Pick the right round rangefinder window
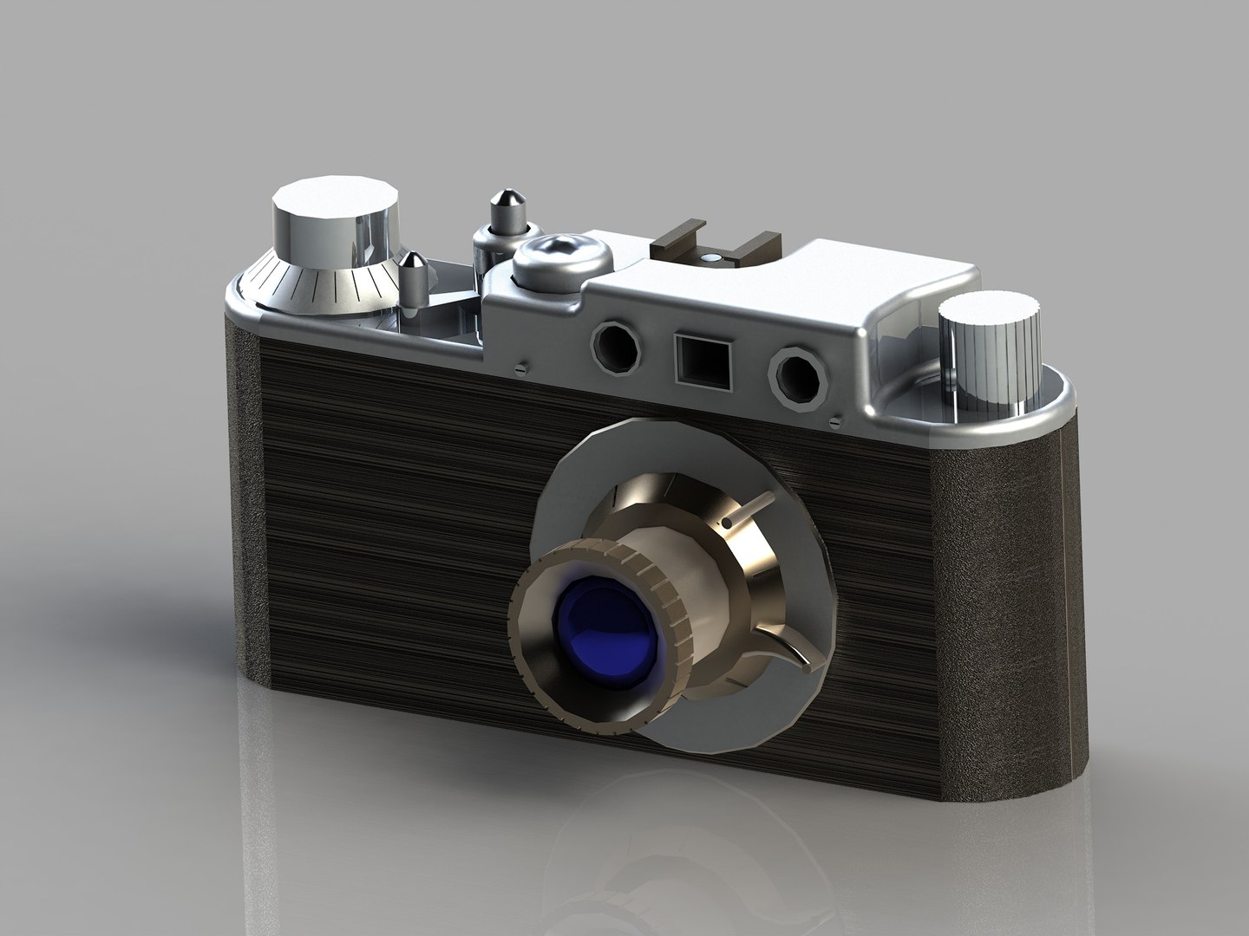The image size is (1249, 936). [795, 374]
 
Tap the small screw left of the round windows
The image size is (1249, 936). [520, 366]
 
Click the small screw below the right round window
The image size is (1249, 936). [834, 422]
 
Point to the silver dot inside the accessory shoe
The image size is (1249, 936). [713, 258]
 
